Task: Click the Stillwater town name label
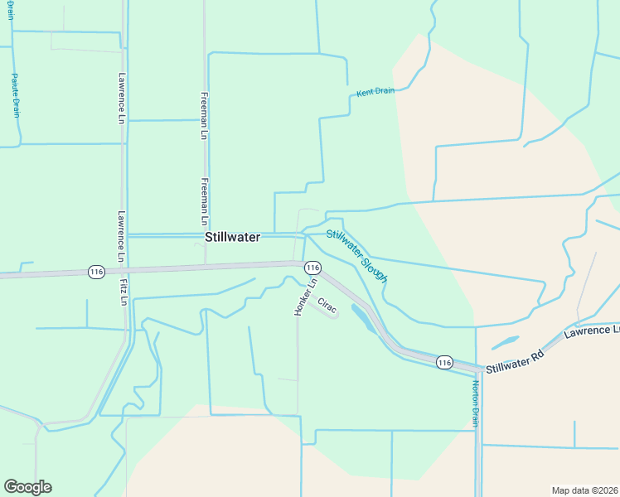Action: pos(232,237)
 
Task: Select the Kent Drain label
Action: pos(375,91)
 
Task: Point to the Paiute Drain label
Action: pos(15,95)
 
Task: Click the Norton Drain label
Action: pos(476,403)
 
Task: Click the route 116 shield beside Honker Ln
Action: pos(312,268)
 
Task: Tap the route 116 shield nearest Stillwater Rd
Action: pos(444,362)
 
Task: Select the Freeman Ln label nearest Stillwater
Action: pos(204,201)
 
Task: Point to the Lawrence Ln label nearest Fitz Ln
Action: pos(121,236)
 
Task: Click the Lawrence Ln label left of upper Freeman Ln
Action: pos(121,98)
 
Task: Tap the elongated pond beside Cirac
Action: pos(361,316)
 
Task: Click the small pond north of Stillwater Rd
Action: pos(506,342)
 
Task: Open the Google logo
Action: pos(27,487)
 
